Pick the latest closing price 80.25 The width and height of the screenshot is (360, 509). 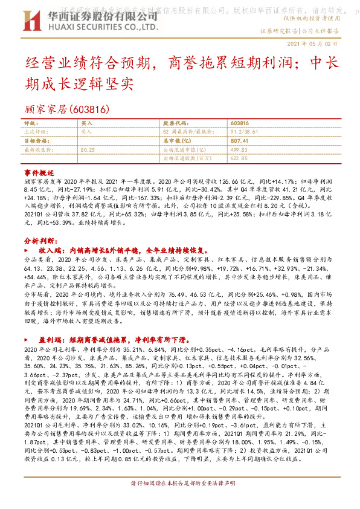click(88, 149)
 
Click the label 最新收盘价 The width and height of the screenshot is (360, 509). click(36, 149)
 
